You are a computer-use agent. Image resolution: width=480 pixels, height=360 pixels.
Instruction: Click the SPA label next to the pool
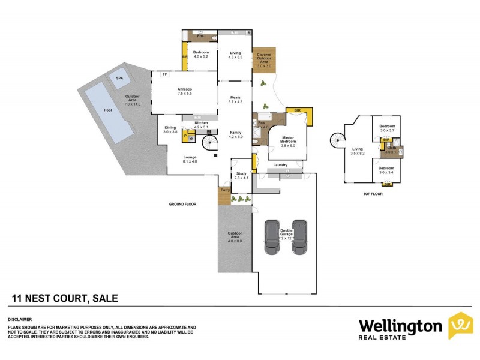[x=120, y=79]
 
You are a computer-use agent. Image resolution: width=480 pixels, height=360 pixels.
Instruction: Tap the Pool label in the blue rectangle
[x=108, y=110]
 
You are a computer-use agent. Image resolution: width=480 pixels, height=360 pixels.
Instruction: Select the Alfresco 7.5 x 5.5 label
[x=184, y=92]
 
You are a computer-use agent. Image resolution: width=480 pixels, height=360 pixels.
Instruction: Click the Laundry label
[x=280, y=165]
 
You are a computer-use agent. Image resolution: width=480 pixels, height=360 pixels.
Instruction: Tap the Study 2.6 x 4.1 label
[x=241, y=175]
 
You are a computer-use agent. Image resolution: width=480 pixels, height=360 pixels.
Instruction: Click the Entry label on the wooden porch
[x=225, y=190]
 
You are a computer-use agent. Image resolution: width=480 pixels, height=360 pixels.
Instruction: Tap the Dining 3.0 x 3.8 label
[x=171, y=130]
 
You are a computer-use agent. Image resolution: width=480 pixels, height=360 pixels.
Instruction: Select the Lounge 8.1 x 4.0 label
[x=190, y=159]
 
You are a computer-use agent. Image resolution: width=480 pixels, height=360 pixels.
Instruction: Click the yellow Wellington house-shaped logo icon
[x=460, y=326]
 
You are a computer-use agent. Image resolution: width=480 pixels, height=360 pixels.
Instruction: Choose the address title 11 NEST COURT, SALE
[x=65, y=298]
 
